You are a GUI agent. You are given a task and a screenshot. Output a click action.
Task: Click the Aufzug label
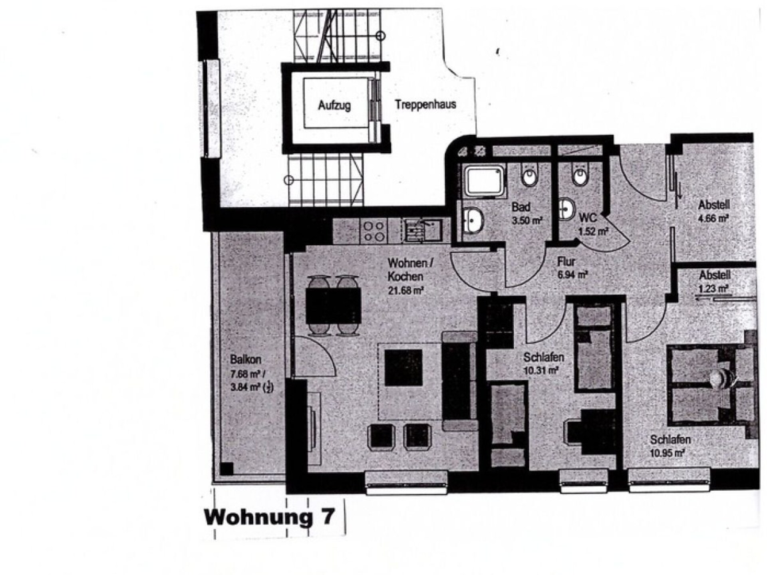[334, 105]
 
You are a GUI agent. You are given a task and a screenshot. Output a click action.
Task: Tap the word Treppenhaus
[425, 105]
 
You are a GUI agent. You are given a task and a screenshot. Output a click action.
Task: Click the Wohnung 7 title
[269, 517]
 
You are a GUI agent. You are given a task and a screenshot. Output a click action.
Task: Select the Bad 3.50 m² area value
[527, 220]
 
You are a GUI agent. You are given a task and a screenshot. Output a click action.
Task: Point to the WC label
[588, 218]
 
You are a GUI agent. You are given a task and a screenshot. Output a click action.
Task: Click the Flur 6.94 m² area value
[572, 275]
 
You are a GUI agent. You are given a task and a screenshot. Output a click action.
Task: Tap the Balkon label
[245, 359]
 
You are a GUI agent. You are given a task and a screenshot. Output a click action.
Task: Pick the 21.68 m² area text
[405, 290]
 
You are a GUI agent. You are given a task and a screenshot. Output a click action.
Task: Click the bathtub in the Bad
[484, 181]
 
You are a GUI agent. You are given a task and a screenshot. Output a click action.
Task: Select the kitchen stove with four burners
[374, 231]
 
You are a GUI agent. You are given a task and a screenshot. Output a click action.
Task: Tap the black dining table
[333, 305]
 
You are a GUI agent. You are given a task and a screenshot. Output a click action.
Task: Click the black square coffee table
[403, 367]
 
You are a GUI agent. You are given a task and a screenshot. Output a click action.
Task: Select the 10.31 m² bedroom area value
[541, 371]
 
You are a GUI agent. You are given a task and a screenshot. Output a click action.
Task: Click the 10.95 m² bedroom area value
[667, 453]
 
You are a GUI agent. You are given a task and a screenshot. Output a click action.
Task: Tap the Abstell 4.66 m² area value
[713, 218]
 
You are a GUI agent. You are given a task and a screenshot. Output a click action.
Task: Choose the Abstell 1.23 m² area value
[713, 288]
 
